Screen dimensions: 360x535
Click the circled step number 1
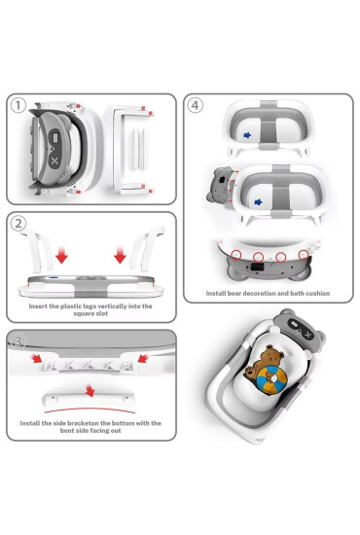click(18, 105)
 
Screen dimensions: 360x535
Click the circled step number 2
click(18, 224)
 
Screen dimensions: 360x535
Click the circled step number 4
click(195, 105)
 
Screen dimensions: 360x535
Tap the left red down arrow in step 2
click(61, 256)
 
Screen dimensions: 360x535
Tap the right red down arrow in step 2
click(120, 256)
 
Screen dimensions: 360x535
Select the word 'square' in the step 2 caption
click(83, 313)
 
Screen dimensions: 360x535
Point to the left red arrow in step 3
click(37, 358)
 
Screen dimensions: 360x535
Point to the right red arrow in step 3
click(143, 358)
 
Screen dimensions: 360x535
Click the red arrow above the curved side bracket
click(90, 391)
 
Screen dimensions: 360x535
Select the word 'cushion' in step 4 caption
click(318, 293)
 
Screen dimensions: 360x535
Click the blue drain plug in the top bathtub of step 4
click(247, 135)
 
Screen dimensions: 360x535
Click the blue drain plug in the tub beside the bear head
click(258, 202)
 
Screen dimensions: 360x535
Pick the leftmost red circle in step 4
click(236, 255)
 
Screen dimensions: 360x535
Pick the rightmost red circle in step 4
click(304, 255)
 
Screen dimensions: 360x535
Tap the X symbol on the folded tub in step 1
click(54, 161)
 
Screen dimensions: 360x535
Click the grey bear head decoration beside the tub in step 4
click(220, 185)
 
